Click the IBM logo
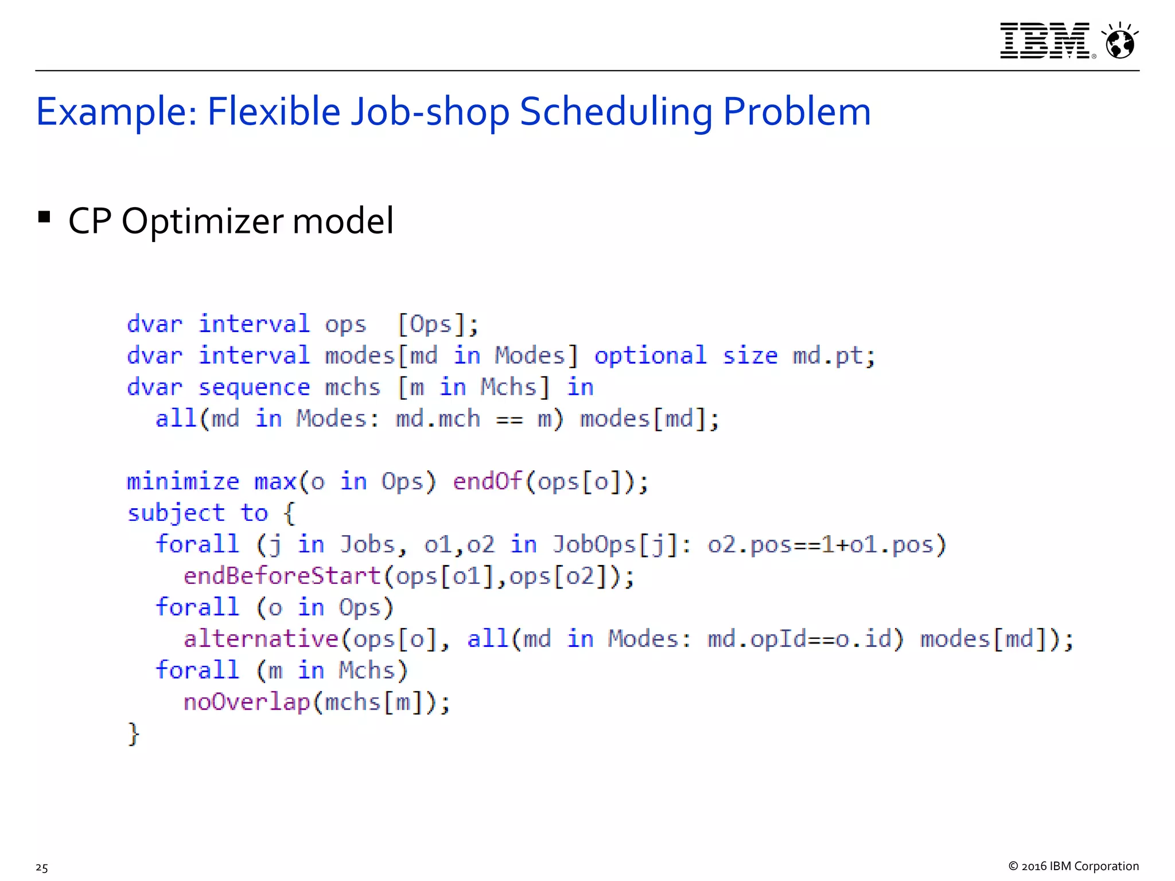point(1044,41)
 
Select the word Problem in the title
point(796,111)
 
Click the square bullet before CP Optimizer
point(44,217)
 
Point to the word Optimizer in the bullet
point(203,221)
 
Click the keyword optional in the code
point(650,356)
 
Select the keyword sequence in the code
point(254,388)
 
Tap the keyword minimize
point(182,482)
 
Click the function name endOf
point(488,481)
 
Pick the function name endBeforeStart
point(282,576)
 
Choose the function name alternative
point(261,639)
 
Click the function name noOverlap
point(247,702)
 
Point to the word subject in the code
point(176,513)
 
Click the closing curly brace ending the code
point(134,734)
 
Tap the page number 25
point(42,867)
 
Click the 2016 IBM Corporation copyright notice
point(1073,866)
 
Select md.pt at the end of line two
point(827,356)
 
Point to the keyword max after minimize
point(275,482)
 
